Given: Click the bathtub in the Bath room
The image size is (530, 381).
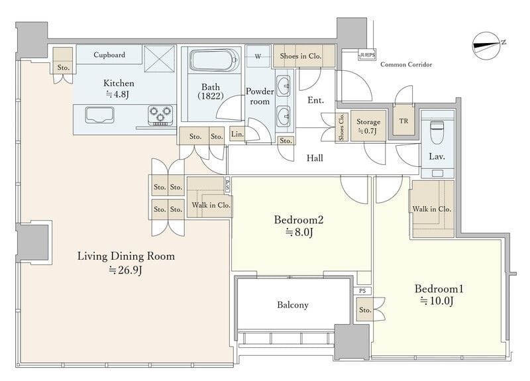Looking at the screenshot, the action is tap(213, 60).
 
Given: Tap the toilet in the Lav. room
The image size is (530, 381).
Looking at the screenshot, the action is tap(437, 132).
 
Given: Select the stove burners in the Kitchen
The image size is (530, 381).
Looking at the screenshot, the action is tap(160, 115).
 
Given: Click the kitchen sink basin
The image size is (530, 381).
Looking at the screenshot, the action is tap(99, 115).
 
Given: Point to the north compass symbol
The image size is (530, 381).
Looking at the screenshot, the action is tap(487, 46).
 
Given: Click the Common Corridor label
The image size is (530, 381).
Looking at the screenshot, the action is tap(406, 64).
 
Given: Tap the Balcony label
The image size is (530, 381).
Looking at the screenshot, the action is tap(293, 305).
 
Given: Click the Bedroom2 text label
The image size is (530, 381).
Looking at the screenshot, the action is tap(299, 220).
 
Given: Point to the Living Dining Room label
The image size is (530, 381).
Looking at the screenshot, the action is tap(126, 256).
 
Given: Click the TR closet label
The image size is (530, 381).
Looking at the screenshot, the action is tap(403, 121).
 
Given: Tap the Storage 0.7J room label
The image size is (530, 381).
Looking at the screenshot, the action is tap(368, 126).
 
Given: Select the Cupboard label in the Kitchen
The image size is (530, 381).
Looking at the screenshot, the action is tap(109, 55).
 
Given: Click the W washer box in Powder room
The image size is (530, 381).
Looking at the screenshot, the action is tap(258, 56).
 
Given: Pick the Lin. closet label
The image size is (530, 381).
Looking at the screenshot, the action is tap(237, 134).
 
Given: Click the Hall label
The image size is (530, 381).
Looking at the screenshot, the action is tap(315, 158).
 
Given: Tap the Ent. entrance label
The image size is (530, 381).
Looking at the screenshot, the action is tap(316, 101).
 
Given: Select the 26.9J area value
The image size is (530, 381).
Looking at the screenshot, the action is tap(126, 270).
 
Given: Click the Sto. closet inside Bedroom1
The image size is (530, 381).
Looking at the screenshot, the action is tap(365, 309).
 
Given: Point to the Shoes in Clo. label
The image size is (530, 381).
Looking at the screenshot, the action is tap(301, 56).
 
